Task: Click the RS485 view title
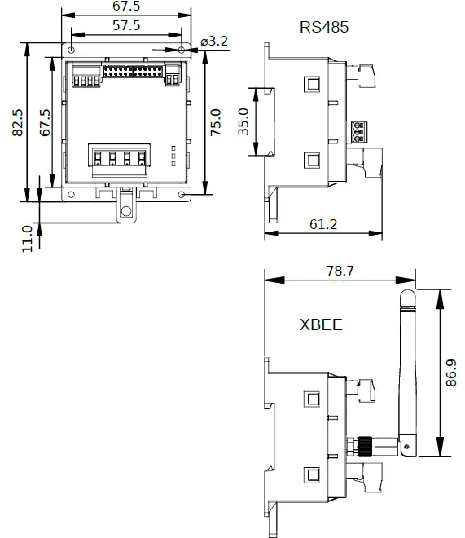click(324, 27)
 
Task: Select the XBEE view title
click(321, 325)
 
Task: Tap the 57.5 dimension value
click(126, 25)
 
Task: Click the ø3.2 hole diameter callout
click(213, 41)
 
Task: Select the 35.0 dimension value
click(243, 122)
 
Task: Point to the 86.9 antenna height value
click(450, 374)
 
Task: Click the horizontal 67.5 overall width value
click(126, 7)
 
